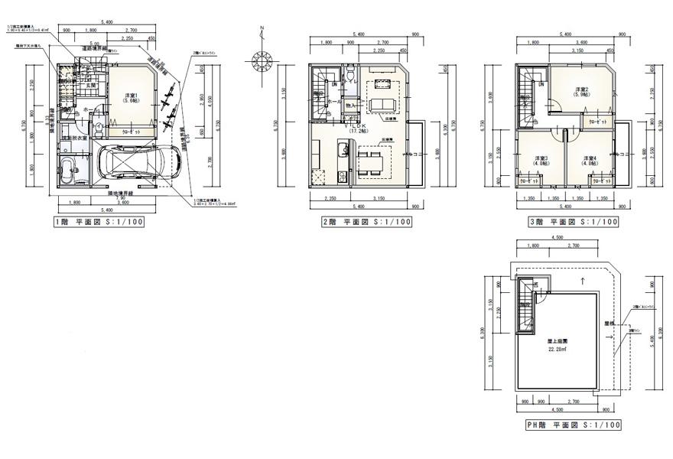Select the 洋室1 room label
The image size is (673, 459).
[130, 98]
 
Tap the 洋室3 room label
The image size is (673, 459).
[540, 161]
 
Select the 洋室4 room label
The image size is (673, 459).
[590, 161]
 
